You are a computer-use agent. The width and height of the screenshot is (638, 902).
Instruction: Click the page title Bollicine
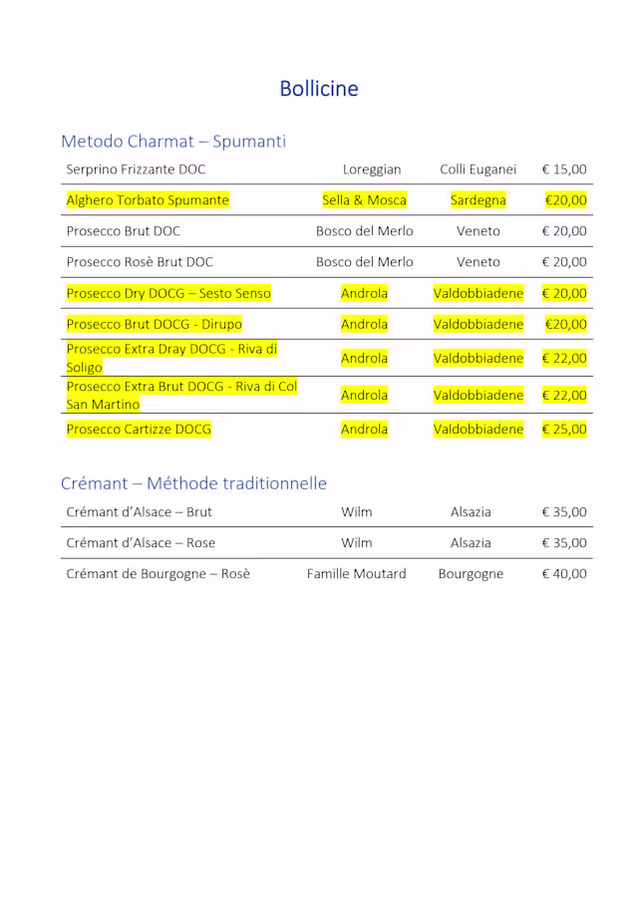point(319,89)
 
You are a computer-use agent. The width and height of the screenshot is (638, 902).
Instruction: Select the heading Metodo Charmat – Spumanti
point(173,142)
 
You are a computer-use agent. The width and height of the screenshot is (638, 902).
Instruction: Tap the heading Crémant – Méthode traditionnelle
point(193,483)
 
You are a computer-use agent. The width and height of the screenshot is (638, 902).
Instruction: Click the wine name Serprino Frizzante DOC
point(136,169)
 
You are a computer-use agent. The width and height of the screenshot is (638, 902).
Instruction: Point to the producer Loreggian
point(372,169)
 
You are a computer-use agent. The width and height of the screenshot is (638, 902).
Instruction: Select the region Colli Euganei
point(478,169)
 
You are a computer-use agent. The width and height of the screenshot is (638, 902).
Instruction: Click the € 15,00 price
point(564,169)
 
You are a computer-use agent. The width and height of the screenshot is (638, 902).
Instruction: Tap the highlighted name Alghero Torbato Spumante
point(148,200)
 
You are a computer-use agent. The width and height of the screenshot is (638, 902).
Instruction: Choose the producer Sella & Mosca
point(364,200)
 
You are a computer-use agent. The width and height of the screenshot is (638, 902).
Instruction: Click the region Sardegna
point(478,200)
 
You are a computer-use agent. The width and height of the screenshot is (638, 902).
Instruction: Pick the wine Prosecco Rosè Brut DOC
point(140,262)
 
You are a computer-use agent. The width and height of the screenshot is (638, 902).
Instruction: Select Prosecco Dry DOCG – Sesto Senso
point(168,293)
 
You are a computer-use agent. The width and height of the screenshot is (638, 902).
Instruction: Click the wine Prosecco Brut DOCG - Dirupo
point(154,324)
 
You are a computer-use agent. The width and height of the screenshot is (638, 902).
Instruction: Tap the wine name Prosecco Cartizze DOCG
point(139,430)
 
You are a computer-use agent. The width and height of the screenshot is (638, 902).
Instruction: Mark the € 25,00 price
point(564,430)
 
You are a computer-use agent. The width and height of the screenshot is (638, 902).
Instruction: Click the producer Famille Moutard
point(357,574)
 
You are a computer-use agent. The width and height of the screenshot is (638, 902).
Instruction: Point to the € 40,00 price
point(564,574)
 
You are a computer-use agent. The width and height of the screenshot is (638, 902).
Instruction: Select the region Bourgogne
point(471,574)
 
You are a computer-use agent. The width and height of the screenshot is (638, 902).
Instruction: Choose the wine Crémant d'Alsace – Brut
point(139,512)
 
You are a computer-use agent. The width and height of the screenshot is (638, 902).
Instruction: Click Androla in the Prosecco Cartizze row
point(364,430)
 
